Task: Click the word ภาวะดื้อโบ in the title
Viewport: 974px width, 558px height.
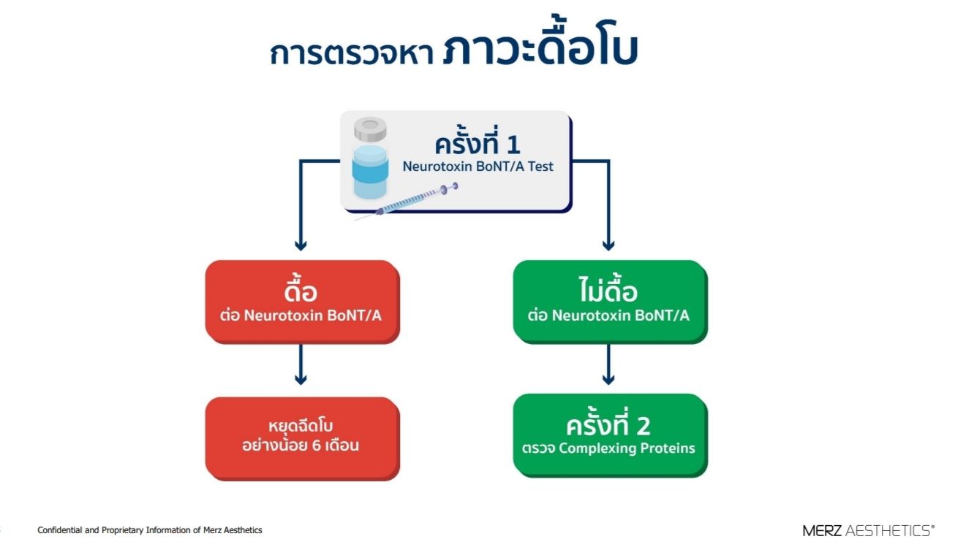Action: click(540, 42)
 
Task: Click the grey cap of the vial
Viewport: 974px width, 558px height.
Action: click(370, 129)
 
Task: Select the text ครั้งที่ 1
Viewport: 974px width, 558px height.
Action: click(477, 141)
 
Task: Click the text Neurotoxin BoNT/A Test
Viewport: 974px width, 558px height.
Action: click(478, 167)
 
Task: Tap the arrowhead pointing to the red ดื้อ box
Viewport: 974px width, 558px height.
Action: click(301, 245)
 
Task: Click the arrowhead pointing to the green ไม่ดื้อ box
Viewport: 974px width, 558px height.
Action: click(608, 245)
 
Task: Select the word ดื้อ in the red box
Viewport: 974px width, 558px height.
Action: click(301, 288)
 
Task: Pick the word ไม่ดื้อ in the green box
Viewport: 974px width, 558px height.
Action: click(608, 288)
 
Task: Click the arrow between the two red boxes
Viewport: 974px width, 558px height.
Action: click(301, 364)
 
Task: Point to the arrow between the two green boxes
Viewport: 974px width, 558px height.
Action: click(608, 364)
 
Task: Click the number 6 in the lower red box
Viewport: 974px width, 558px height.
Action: click(317, 446)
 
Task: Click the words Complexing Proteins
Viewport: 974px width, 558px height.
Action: click(627, 448)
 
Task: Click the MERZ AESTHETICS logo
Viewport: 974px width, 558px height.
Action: click(869, 530)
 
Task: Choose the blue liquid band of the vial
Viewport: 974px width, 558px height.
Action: click(370, 171)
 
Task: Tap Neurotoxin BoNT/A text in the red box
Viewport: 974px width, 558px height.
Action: click(313, 316)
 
